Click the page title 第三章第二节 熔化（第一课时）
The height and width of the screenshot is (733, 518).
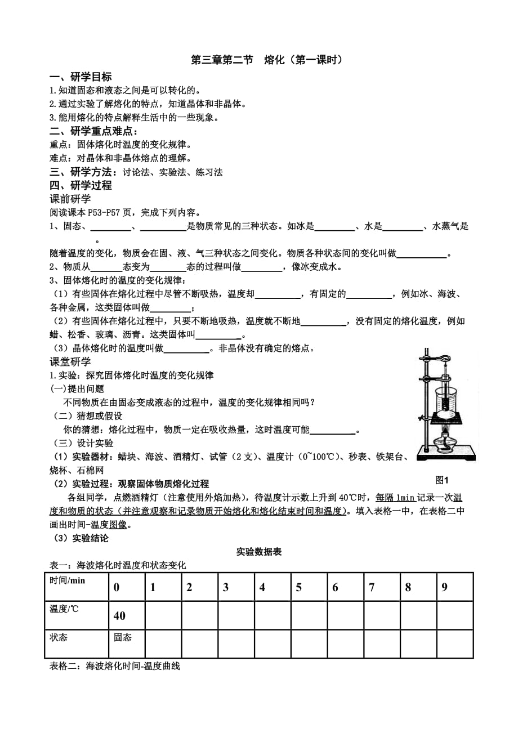coord(266,60)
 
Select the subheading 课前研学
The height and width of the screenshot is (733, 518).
coord(70,199)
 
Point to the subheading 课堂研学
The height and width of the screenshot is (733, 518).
coord(70,361)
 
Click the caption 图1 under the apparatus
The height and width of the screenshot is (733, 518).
coord(441,480)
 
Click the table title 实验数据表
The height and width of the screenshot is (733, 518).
coord(259,552)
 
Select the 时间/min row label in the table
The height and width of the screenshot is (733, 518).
coord(67,581)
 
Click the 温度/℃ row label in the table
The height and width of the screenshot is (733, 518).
coord(66,609)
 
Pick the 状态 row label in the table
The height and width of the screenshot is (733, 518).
coord(59,637)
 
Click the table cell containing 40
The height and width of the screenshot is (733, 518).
coord(119,616)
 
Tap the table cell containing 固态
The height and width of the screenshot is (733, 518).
coord(123,637)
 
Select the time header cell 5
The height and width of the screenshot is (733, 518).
coord(298,587)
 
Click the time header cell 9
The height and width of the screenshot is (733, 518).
coord(444,587)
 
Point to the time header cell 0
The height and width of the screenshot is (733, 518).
coord(117,587)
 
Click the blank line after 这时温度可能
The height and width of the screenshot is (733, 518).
coord(333,430)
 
